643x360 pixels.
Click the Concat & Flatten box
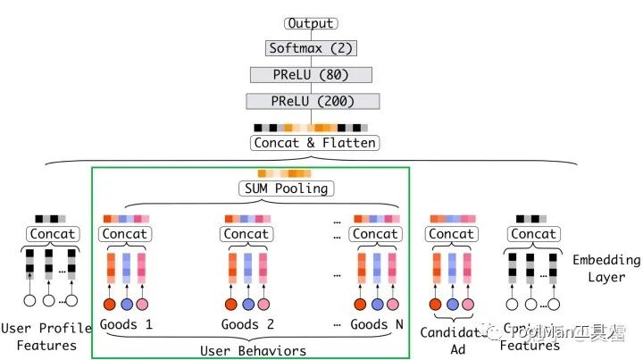[313, 143]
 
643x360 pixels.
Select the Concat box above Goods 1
[125, 234]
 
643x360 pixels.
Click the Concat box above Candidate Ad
[451, 234]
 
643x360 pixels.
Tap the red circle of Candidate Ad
[436, 304]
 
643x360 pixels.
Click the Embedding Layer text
[606, 268]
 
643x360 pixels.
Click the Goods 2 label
[246, 324]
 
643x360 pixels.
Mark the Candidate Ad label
[451, 340]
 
